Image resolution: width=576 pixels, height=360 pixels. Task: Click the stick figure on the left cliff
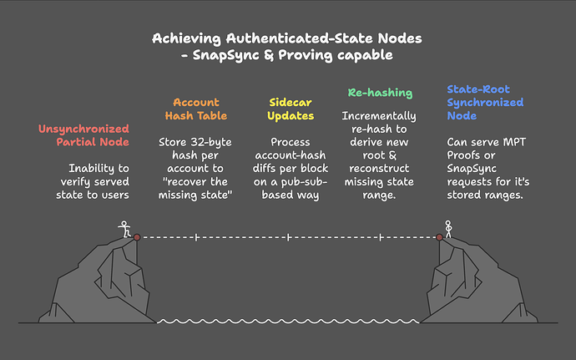coord(124,228)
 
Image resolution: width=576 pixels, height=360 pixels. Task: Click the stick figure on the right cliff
coord(448,228)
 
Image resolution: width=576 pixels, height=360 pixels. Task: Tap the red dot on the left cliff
coord(137,237)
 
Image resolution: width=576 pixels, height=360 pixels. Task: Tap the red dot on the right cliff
coord(439,237)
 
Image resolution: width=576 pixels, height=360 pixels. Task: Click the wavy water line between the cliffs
coord(288,321)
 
